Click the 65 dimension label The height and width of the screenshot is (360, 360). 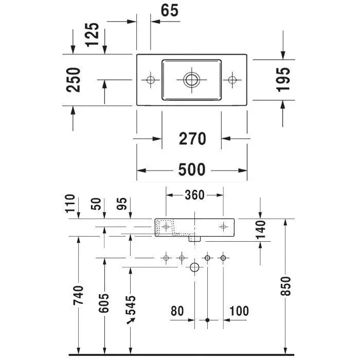[169, 10]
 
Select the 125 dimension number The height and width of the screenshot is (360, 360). [92, 34]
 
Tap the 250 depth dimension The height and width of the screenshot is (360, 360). [73, 80]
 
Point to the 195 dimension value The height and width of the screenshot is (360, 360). [283, 80]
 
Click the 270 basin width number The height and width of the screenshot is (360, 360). [192, 139]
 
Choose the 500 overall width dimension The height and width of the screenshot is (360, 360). [192, 169]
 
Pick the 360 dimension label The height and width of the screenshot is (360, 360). [194, 195]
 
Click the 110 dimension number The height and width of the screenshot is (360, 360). [70, 204]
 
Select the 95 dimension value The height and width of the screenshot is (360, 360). [122, 204]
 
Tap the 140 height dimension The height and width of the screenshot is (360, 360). [261, 229]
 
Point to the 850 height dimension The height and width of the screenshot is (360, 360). [286, 286]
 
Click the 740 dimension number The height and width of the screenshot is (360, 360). [78, 295]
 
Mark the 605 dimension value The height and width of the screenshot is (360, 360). [104, 303]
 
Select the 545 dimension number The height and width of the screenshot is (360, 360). [131, 305]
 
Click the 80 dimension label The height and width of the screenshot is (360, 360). [177, 311]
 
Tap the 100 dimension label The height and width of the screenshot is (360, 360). [239, 311]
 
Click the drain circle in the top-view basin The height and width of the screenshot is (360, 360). [191, 80]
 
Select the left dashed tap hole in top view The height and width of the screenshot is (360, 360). [150, 80]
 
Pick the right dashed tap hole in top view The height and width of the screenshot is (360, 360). [232, 80]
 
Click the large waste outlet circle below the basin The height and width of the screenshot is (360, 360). [195, 267]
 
